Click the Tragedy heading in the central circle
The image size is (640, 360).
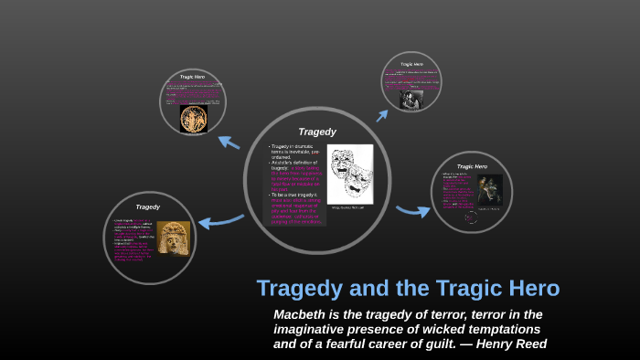point(317,132)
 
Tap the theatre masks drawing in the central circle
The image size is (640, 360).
point(350,175)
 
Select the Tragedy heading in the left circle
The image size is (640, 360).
point(147,206)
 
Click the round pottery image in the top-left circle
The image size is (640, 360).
point(193,119)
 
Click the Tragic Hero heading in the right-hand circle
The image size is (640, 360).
point(471,166)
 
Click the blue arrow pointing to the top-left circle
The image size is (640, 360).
point(228,142)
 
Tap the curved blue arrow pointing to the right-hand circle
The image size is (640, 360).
point(414,211)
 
